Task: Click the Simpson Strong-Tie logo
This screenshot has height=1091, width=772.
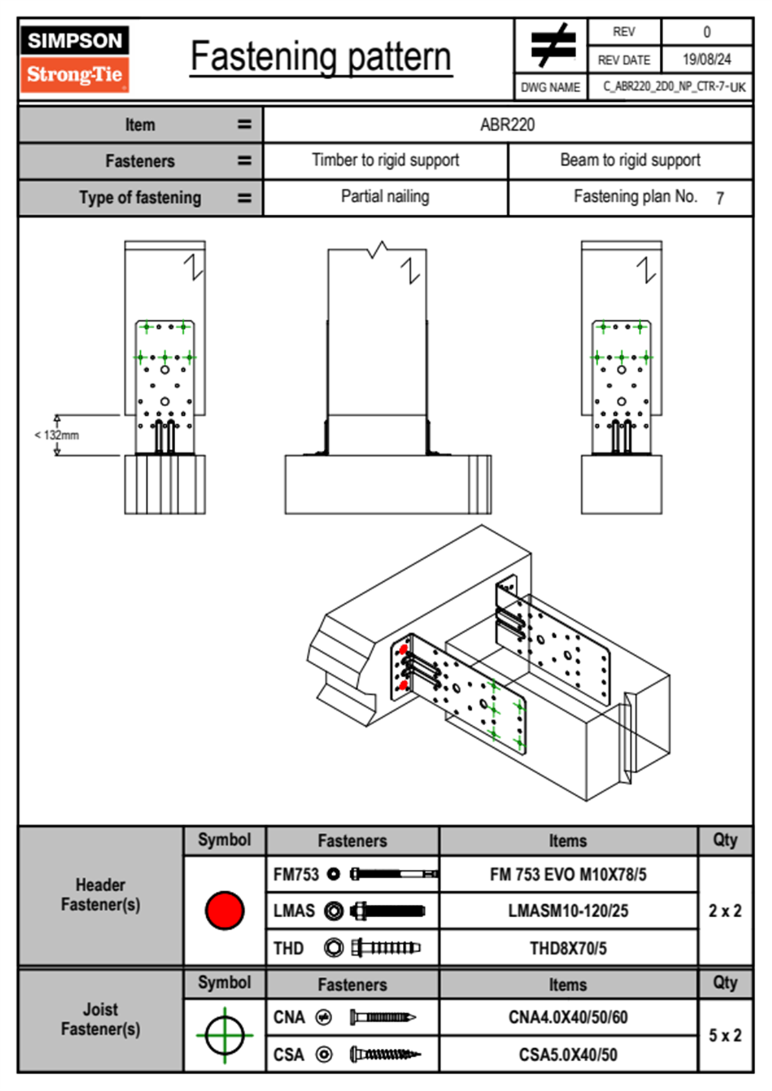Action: pyautogui.click(x=75, y=59)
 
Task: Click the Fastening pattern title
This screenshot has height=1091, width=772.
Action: pyautogui.click(x=321, y=56)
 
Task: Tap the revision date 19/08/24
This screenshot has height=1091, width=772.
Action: pyautogui.click(x=706, y=60)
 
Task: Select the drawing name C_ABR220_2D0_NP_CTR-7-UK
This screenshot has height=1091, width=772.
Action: pyautogui.click(x=674, y=87)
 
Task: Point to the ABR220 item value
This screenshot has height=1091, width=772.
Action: pyautogui.click(x=507, y=125)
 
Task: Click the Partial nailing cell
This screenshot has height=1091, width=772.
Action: pyautogui.click(x=385, y=197)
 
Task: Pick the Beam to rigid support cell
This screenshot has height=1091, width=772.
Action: pyautogui.click(x=630, y=160)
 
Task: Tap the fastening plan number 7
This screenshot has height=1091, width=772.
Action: pyautogui.click(x=719, y=198)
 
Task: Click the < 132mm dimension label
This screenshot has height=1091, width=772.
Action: pyautogui.click(x=57, y=435)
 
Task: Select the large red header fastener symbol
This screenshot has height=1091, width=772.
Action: pyautogui.click(x=224, y=910)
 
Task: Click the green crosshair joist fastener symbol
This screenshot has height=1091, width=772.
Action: pyautogui.click(x=224, y=1035)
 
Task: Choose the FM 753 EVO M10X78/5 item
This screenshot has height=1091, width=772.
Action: pyautogui.click(x=568, y=874)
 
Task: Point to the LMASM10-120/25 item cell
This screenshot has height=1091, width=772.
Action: pyautogui.click(x=568, y=911)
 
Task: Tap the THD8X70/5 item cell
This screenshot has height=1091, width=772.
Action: pyautogui.click(x=568, y=948)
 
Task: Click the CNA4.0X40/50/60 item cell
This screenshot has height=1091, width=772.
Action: pyautogui.click(x=568, y=1017)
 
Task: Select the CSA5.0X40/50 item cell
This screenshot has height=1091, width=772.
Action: pyautogui.click(x=568, y=1055)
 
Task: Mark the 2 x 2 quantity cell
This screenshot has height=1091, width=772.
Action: pyautogui.click(x=725, y=911)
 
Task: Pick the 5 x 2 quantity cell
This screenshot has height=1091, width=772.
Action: pyautogui.click(x=725, y=1035)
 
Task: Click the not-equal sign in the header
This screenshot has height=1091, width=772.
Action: pyautogui.click(x=552, y=45)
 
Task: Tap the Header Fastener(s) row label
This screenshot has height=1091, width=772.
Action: pyautogui.click(x=101, y=894)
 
